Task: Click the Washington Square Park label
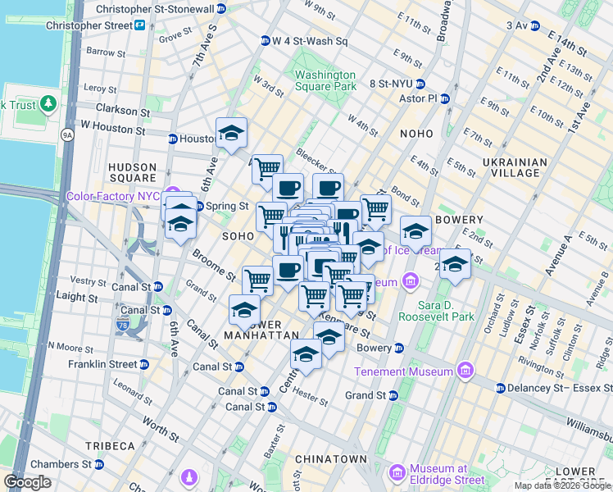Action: pyautogui.click(x=325, y=80)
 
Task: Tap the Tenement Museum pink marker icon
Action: pyautogui.click(x=465, y=371)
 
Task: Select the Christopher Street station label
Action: pyautogui.click(x=89, y=25)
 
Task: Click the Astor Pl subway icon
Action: pyautogui.click(x=445, y=98)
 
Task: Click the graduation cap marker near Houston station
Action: pyautogui.click(x=231, y=134)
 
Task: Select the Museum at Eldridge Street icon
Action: pyautogui.click(x=397, y=473)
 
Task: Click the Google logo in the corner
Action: pyautogui.click(x=28, y=482)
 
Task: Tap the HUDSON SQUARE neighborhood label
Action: pyautogui.click(x=132, y=172)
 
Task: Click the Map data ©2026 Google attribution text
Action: pyautogui.click(x=561, y=485)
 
